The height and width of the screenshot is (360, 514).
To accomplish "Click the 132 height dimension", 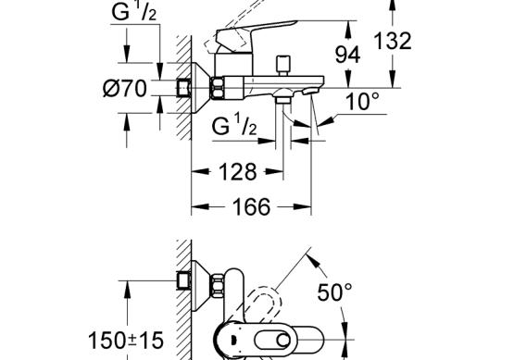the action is pyautogui.click(x=393, y=42).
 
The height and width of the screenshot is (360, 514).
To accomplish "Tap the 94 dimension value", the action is pyautogui.click(x=347, y=55).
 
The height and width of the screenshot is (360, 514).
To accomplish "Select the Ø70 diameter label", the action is pyautogui.click(x=125, y=89).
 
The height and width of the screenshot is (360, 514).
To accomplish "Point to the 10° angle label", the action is pyautogui.click(x=362, y=101).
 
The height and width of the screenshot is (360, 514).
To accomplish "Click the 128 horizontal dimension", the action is pyautogui.click(x=238, y=171).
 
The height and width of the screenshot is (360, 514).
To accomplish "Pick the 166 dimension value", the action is pyautogui.click(x=251, y=206).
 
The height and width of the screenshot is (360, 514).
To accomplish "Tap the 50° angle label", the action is pyautogui.click(x=334, y=292).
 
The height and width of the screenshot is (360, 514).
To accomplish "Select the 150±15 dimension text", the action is pyautogui.click(x=126, y=340).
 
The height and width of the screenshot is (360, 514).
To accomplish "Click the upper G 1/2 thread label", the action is pyautogui.click(x=134, y=12).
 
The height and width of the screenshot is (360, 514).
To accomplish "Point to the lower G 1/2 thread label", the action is pyautogui.click(x=234, y=127).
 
